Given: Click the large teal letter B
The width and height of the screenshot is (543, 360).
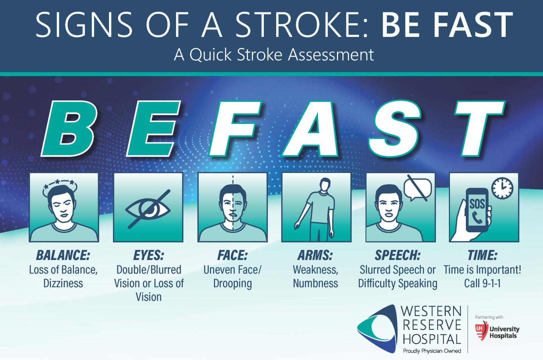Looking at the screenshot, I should pyautogui.click(x=69, y=129).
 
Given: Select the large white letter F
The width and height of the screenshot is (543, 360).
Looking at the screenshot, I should pyautogui.click(x=235, y=129).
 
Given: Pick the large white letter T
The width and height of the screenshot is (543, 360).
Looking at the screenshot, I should pyautogui.click(x=478, y=129).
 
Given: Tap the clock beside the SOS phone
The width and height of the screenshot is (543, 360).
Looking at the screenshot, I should pyautogui.click(x=502, y=188).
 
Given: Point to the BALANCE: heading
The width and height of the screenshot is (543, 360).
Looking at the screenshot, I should pyautogui.click(x=63, y=255).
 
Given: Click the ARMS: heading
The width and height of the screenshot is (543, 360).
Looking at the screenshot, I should pyautogui.click(x=315, y=255).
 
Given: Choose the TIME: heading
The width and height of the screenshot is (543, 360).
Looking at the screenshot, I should pyautogui.click(x=482, y=255).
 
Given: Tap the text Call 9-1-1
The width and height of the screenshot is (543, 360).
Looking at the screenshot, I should pyautogui.click(x=482, y=283).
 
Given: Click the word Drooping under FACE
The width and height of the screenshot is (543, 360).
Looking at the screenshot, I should pyautogui.click(x=232, y=283).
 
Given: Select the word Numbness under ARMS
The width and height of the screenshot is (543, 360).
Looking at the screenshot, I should pyautogui.click(x=315, y=283).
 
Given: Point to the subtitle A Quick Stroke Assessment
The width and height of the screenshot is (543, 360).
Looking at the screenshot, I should pyautogui.click(x=274, y=55).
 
